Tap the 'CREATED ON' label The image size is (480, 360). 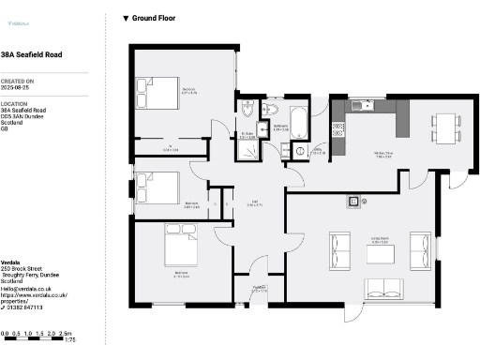(17, 82)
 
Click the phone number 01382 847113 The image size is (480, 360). (25, 307)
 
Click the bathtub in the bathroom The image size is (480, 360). (299, 122)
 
